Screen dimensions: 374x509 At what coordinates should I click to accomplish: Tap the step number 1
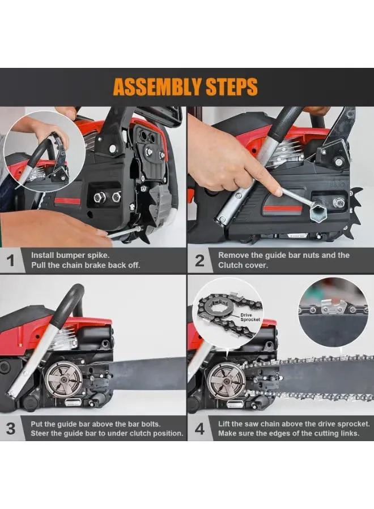[11, 261]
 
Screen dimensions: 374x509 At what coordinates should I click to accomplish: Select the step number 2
[199, 261]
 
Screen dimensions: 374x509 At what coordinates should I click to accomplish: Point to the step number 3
[11, 429]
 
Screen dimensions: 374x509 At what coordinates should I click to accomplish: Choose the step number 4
[199, 429]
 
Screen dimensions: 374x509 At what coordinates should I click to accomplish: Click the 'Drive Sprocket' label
[250, 317]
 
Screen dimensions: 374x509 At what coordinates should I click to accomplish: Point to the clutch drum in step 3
[63, 379]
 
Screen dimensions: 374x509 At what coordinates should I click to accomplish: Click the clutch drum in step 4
[227, 379]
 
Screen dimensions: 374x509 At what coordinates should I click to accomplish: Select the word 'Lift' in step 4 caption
[223, 424]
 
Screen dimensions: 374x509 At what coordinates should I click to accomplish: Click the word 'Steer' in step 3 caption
[40, 433]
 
